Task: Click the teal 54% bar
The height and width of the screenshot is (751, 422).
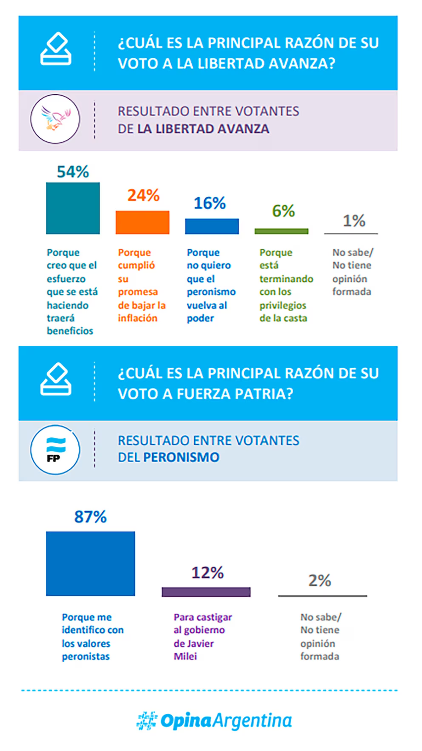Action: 73,208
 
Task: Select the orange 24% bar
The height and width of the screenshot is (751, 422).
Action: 142,222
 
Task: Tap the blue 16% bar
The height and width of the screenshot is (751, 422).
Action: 212,226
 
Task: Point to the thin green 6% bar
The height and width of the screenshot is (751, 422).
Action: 281,231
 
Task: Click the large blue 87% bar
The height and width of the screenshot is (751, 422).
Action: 90,563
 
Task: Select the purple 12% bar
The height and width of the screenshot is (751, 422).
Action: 206,592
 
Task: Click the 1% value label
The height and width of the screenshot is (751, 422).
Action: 354,221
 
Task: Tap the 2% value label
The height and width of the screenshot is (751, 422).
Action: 320,581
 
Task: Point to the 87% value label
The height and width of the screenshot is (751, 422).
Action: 90,517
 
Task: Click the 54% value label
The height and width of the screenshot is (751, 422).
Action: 73,172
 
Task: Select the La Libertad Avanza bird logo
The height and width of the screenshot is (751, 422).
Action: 55,119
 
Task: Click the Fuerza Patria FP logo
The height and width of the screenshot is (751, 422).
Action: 55,450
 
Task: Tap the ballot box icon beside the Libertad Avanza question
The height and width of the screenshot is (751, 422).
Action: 56,49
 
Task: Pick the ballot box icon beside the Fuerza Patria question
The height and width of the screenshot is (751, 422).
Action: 56,379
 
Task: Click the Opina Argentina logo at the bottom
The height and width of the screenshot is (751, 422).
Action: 214,720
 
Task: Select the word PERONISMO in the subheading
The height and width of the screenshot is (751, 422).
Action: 181,457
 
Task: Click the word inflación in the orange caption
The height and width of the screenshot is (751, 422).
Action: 138,318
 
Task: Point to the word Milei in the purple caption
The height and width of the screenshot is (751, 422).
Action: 185,656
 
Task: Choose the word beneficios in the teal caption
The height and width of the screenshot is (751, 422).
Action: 70,331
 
